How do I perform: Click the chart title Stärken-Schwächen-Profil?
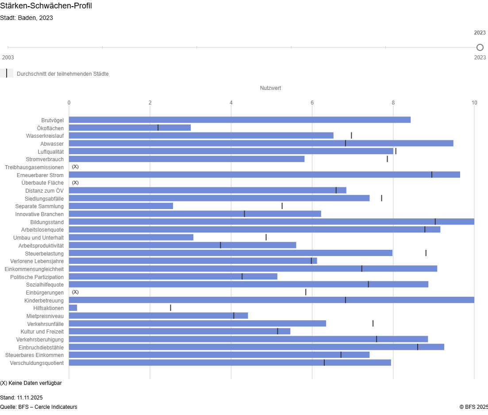click(x=46, y=6)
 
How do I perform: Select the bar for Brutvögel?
click(x=239, y=120)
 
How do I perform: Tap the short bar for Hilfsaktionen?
click(x=73, y=308)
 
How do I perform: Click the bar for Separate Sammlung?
click(x=121, y=206)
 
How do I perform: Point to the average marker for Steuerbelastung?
click(x=426, y=253)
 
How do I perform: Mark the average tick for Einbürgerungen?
click(x=306, y=292)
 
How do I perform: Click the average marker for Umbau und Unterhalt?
click(x=266, y=237)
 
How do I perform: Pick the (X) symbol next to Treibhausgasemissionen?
click(x=75, y=167)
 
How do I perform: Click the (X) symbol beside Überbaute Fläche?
click(x=75, y=182)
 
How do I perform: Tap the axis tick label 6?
click(x=312, y=103)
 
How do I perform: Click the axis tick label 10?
click(x=474, y=103)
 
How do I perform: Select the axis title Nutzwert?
click(x=270, y=88)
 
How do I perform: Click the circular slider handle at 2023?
click(x=480, y=47)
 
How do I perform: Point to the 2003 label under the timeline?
click(x=8, y=58)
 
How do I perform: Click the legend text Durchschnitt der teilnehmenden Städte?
click(x=62, y=74)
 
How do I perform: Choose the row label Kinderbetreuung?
click(x=44, y=300)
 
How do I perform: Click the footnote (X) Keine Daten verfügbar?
click(x=31, y=383)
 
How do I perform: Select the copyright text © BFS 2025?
click(x=473, y=407)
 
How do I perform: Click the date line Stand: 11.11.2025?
click(x=21, y=398)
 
